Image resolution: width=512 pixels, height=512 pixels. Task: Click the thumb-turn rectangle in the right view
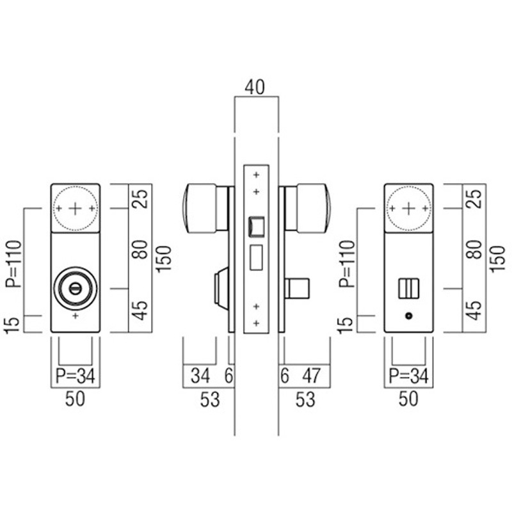pos(408,289)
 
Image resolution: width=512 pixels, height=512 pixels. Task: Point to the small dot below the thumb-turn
pos(408,317)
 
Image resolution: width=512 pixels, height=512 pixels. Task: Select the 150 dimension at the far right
pos(496,259)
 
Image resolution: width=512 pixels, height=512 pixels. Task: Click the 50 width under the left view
pos(75,401)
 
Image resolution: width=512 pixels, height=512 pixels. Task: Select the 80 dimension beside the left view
pos(140,248)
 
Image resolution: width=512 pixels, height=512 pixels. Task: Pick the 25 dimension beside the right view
pos(474,198)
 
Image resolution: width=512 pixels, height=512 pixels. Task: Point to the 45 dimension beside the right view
pos(474,310)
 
